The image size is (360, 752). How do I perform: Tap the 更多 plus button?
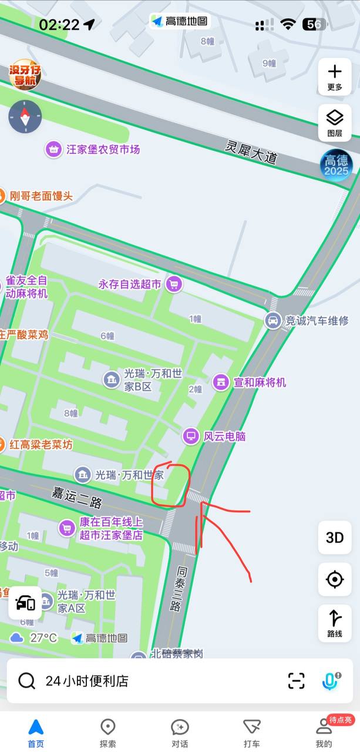pos(335,76)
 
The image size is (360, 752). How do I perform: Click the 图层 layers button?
pos(335,122)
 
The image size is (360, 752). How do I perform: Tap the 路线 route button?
pos(335,623)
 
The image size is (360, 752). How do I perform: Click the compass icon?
pos(25,116)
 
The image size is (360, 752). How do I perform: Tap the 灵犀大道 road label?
pos(251,151)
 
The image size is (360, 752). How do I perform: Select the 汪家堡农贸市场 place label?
pos(103,149)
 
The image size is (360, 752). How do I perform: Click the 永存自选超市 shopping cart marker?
pos(173,284)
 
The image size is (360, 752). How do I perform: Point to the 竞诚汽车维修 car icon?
pos(272,320)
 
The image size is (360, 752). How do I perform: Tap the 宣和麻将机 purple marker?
pos(221,382)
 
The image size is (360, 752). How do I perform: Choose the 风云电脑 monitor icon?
pos(191,436)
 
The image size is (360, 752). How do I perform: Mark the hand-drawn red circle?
pos(170,485)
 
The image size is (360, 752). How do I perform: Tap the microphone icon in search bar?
pos(331,680)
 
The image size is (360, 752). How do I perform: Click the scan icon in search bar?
pos(297,680)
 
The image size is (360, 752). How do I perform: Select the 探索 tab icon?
pos(108,727)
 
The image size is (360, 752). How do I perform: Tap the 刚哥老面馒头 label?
pos(41,196)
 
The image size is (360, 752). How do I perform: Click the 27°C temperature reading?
pos(43,637)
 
